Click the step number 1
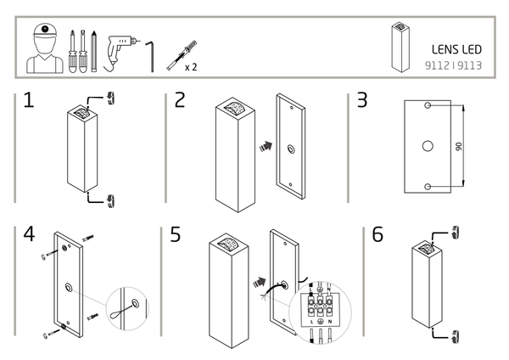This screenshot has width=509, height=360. point(28,101)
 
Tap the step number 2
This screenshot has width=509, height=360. point(179,100)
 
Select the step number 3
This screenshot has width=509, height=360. point(362,100)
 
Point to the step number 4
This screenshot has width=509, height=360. point(28,233)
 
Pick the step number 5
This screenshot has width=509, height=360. point(176,233)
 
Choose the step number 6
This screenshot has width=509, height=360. point(378,233)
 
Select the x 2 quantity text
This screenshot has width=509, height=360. point(192,64)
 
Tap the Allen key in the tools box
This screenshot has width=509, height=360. point(150,54)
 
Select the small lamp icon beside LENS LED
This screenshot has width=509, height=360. point(396,48)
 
